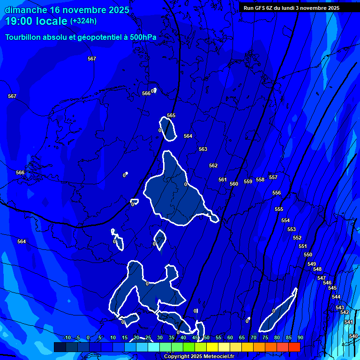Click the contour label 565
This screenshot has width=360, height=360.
171,115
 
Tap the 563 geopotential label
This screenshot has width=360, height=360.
203,149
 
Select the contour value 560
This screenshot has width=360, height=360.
234,184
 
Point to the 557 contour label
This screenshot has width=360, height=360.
273,177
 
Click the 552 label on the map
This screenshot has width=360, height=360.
297,238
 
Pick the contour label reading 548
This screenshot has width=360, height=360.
317,269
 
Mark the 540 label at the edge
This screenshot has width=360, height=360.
353,336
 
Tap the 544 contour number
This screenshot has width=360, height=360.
336,297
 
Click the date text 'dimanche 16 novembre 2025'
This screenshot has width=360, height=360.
67,10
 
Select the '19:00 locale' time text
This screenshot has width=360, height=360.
36,21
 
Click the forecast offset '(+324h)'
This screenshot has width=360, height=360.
83,21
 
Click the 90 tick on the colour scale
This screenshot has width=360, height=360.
300,337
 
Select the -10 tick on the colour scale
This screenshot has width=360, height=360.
67,337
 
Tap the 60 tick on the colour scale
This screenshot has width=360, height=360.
230,337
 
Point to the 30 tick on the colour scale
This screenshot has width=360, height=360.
159,337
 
